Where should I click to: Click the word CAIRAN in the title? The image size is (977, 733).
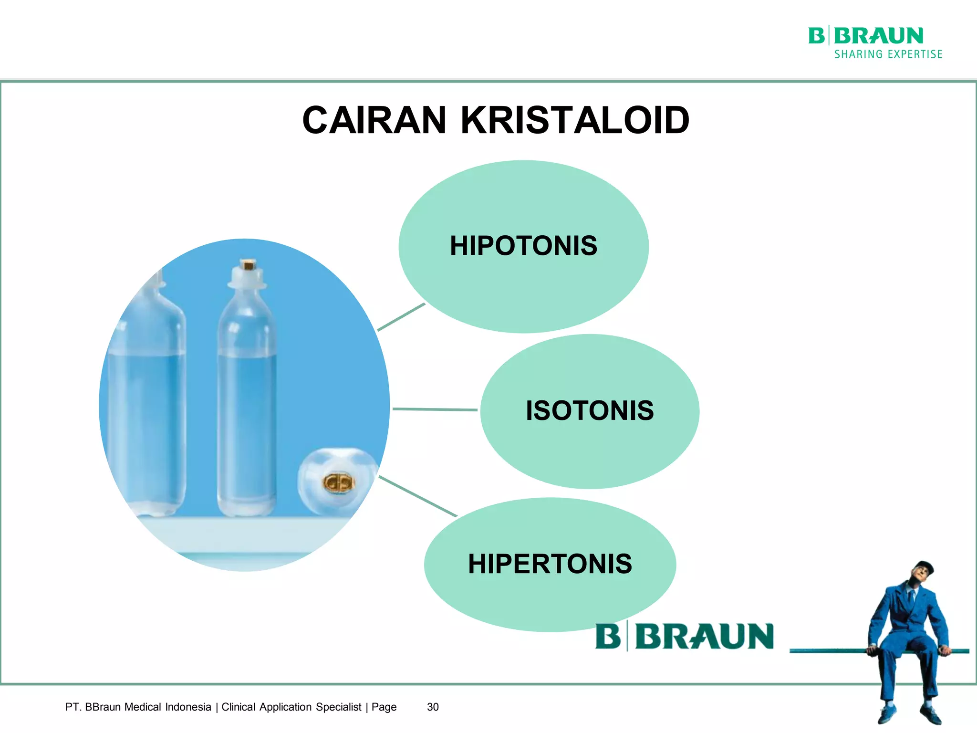(374, 120)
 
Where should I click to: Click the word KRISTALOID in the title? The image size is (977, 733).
(574, 120)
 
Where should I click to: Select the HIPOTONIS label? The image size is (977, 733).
(523, 246)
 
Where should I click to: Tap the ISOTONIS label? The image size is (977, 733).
(590, 411)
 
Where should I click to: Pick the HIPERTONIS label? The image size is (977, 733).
(550, 564)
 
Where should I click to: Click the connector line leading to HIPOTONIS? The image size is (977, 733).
(401, 317)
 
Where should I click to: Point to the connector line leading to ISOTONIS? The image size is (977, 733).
(434, 409)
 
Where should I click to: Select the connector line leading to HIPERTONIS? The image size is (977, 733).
(417, 496)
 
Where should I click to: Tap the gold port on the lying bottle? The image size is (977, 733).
(339, 483)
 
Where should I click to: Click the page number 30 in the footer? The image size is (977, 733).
(433, 707)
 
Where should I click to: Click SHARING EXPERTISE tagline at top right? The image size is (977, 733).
(888, 54)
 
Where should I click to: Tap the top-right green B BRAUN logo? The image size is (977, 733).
(865, 36)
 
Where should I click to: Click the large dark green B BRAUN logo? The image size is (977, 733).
(684, 637)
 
